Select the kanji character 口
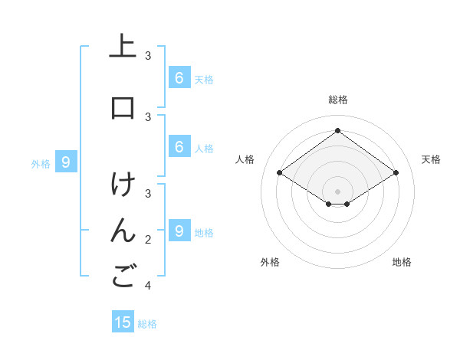tap(123, 108)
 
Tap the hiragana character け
tap(123, 185)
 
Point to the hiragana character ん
tap(123, 231)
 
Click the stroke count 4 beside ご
tap(148, 286)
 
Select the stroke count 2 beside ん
tap(148, 240)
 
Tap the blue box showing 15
tap(123, 322)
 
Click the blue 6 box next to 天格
tap(179, 77)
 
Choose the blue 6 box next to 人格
tap(179, 146)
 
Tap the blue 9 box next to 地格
tap(179, 231)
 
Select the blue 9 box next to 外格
tap(66, 162)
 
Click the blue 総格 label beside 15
tap(147, 324)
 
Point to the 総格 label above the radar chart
tap(337, 100)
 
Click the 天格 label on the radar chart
tap(431, 159)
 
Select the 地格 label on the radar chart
tap(402, 262)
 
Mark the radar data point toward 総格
tap(337, 130)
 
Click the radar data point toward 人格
tap(279, 173)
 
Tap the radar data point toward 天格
tap(396, 173)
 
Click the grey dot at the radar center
tap(337, 191)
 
